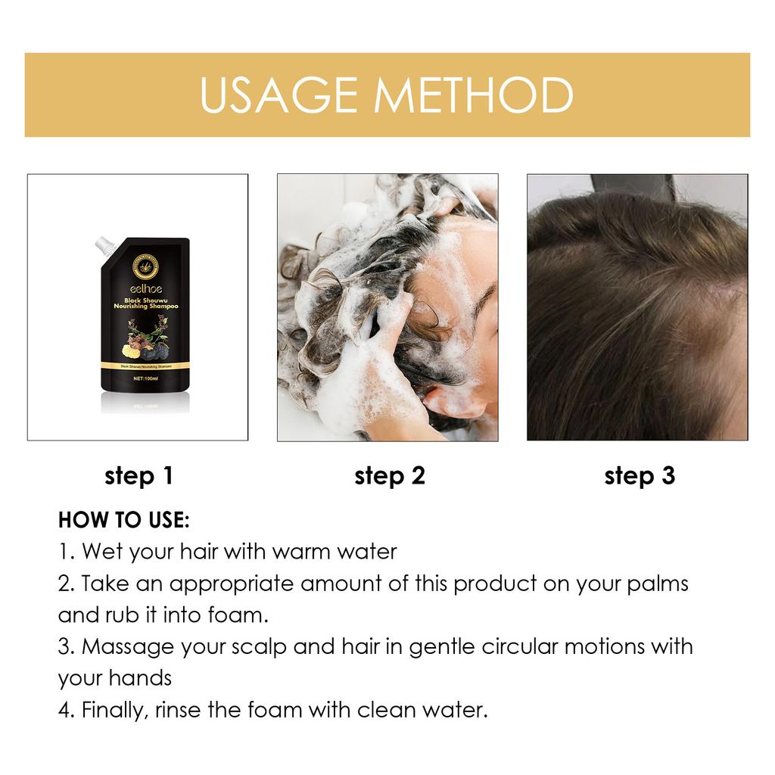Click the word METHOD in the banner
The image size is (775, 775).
476,95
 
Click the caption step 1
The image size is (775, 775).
139,476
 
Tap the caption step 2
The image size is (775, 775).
389,476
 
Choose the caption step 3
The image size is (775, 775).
639,476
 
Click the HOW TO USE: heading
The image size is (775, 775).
123,521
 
